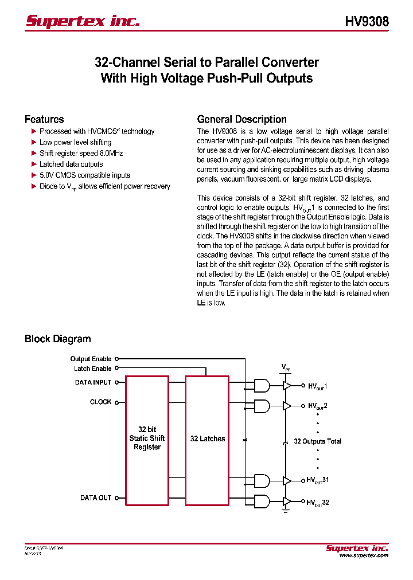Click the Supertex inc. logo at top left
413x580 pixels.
click(83, 21)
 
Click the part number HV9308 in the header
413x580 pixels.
click(367, 21)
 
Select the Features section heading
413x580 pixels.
click(44, 119)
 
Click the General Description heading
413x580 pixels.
click(241, 119)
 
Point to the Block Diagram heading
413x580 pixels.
click(57, 339)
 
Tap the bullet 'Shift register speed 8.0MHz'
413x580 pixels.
click(81, 153)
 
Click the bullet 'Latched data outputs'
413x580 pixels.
click(71, 164)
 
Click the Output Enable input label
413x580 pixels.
click(91, 359)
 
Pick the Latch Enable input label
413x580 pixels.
click(92, 369)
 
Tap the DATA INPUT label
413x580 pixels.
click(93, 382)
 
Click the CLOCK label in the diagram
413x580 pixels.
click(100, 402)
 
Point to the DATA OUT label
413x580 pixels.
click(96, 498)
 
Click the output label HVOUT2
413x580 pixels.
click(318, 406)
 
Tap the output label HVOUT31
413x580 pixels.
click(317, 480)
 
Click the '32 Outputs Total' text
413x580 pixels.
click(317, 441)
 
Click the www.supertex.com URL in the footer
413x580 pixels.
click(364, 555)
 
